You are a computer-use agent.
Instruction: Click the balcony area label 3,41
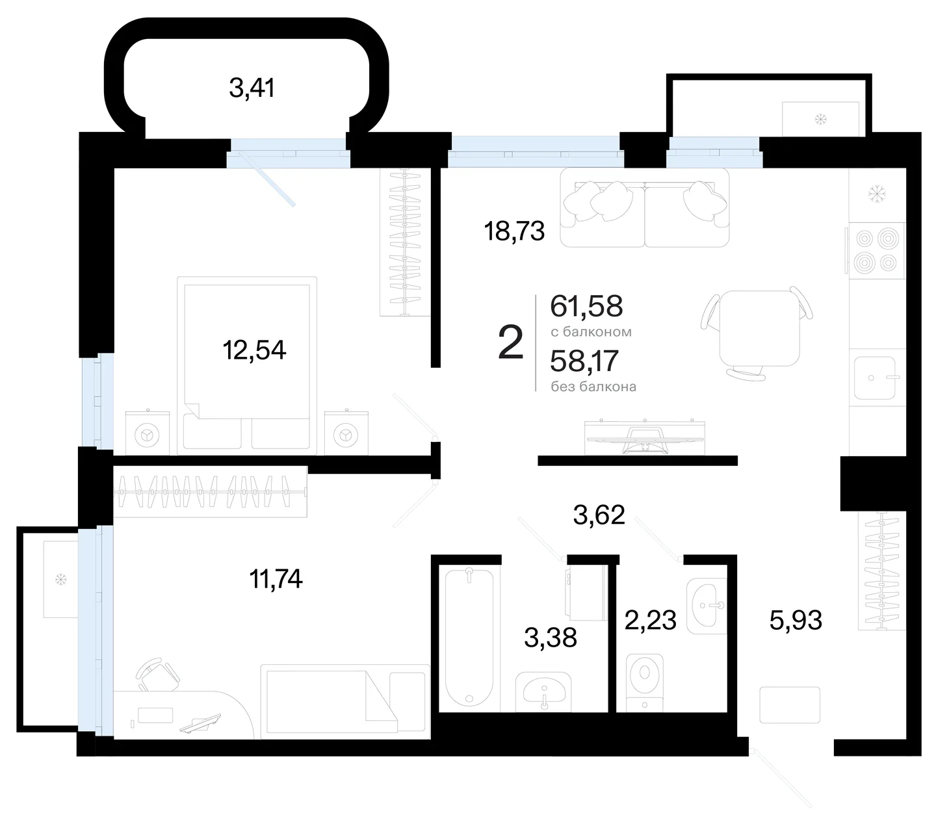pyautogui.click(x=252, y=88)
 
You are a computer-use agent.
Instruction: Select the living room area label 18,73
pyautogui.click(x=514, y=231)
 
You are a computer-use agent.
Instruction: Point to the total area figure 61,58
pyautogui.click(x=586, y=306)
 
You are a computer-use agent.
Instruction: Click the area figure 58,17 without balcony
pyautogui.click(x=584, y=361)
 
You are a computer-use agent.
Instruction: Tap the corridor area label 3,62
pyautogui.click(x=599, y=515)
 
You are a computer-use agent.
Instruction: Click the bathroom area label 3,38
pyautogui.click(x=551, y=638)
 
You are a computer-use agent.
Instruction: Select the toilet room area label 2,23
pyautogui.click(x=651, y=620)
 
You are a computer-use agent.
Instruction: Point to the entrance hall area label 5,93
pyautogui.click(x=796, y=620)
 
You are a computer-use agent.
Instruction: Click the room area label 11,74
pyautogui.click(x=276, y=578)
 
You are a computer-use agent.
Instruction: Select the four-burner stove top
pyautogui.click(x=876, y=251)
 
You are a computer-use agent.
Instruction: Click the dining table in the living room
pyautogui.click(x=759, y=328)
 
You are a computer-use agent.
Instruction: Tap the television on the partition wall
pyautogui.click(x=645, y=438)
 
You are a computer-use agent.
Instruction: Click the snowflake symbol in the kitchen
pyautogui.click(x=876, y=194)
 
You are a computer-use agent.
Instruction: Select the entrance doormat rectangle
pyautogui.click(x=790, y=705)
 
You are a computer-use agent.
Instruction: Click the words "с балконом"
pyautogui.click(x=591, y=331)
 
